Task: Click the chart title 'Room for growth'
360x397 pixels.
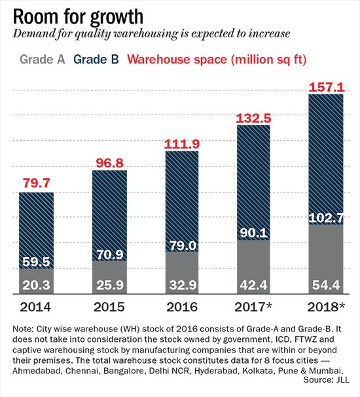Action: [78, 17]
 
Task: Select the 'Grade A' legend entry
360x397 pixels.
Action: [43, 60]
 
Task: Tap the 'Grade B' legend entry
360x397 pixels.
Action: [96, 60]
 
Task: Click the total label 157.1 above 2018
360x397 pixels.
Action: [327, 87]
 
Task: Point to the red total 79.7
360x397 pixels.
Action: [37, 183]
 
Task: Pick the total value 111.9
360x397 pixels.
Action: [182, 144]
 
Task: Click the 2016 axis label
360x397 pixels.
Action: [182, 307]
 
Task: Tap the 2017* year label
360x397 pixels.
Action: [253, 307]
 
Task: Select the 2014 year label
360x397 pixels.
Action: [35, 307]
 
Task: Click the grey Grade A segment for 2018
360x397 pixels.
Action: [326, 259]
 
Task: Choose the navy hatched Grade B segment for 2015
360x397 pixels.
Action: [109, 216]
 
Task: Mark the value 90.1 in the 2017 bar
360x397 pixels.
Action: [254, 233]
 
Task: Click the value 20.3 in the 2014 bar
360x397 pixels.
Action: [36, 285]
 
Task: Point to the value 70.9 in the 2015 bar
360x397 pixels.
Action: [110, 254]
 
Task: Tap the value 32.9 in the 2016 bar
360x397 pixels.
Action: [183, 285]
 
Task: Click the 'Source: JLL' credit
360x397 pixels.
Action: [326, 379]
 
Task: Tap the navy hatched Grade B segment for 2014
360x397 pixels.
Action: [37, 231]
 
